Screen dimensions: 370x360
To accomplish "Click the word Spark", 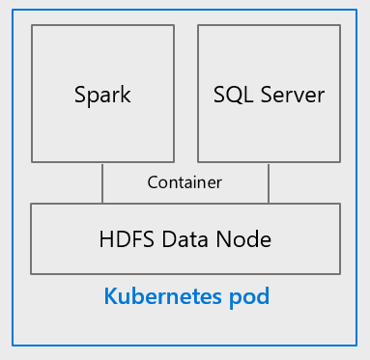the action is coord(102,95).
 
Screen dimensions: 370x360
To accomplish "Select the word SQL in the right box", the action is coord(233,95).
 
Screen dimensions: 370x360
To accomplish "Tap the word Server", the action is coord(293,95).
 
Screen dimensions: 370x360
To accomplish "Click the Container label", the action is coord(185,182).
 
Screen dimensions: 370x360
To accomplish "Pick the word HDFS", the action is coord(127,239).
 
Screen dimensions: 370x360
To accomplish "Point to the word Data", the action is coord(185,239).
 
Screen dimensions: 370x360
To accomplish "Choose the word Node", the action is coord(243,239).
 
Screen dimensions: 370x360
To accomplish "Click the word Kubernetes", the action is coord(163,296).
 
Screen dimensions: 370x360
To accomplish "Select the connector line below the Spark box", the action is coord(102,182).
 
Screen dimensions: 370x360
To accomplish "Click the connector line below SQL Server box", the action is coord(269,182).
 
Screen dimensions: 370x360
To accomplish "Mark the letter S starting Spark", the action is coord(80,95).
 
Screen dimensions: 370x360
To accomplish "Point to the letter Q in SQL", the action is coord(235,96).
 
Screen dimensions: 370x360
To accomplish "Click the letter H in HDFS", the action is coord(107,239).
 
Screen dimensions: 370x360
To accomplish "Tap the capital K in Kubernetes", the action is coord(111,296).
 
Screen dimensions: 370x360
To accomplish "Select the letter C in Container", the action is coord(153,182).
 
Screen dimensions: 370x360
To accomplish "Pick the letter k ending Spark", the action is coord(126,94).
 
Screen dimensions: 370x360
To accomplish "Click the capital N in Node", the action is coord(224,239).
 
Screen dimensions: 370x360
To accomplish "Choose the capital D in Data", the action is coord(170,239).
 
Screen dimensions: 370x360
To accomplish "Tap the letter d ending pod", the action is coord(263,296).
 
